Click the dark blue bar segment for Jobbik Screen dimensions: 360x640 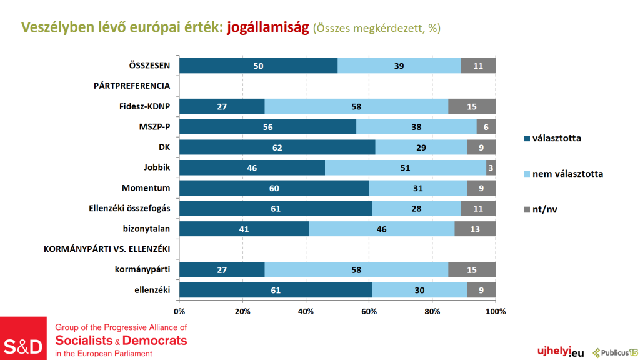(x=252, y=167)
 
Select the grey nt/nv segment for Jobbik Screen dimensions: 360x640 (x=491, y=167)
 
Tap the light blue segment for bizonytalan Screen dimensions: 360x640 (x=381, y=229)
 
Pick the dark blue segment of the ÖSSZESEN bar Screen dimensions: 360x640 (x=258, y=66)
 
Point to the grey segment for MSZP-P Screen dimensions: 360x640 (x=486, y=127)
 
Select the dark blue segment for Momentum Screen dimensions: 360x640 (x=274, y=188)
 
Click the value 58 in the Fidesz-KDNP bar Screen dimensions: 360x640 (x=356, y=106)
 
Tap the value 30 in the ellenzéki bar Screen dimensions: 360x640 (x=420, y=290)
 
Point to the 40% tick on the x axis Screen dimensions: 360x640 (x=306, y=311)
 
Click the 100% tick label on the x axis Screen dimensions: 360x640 (x=496, y=311)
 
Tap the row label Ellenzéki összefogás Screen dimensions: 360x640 (x=131, y=208)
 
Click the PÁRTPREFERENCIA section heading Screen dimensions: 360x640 (x=127, y=86)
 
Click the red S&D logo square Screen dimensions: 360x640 (x=23, y=338)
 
